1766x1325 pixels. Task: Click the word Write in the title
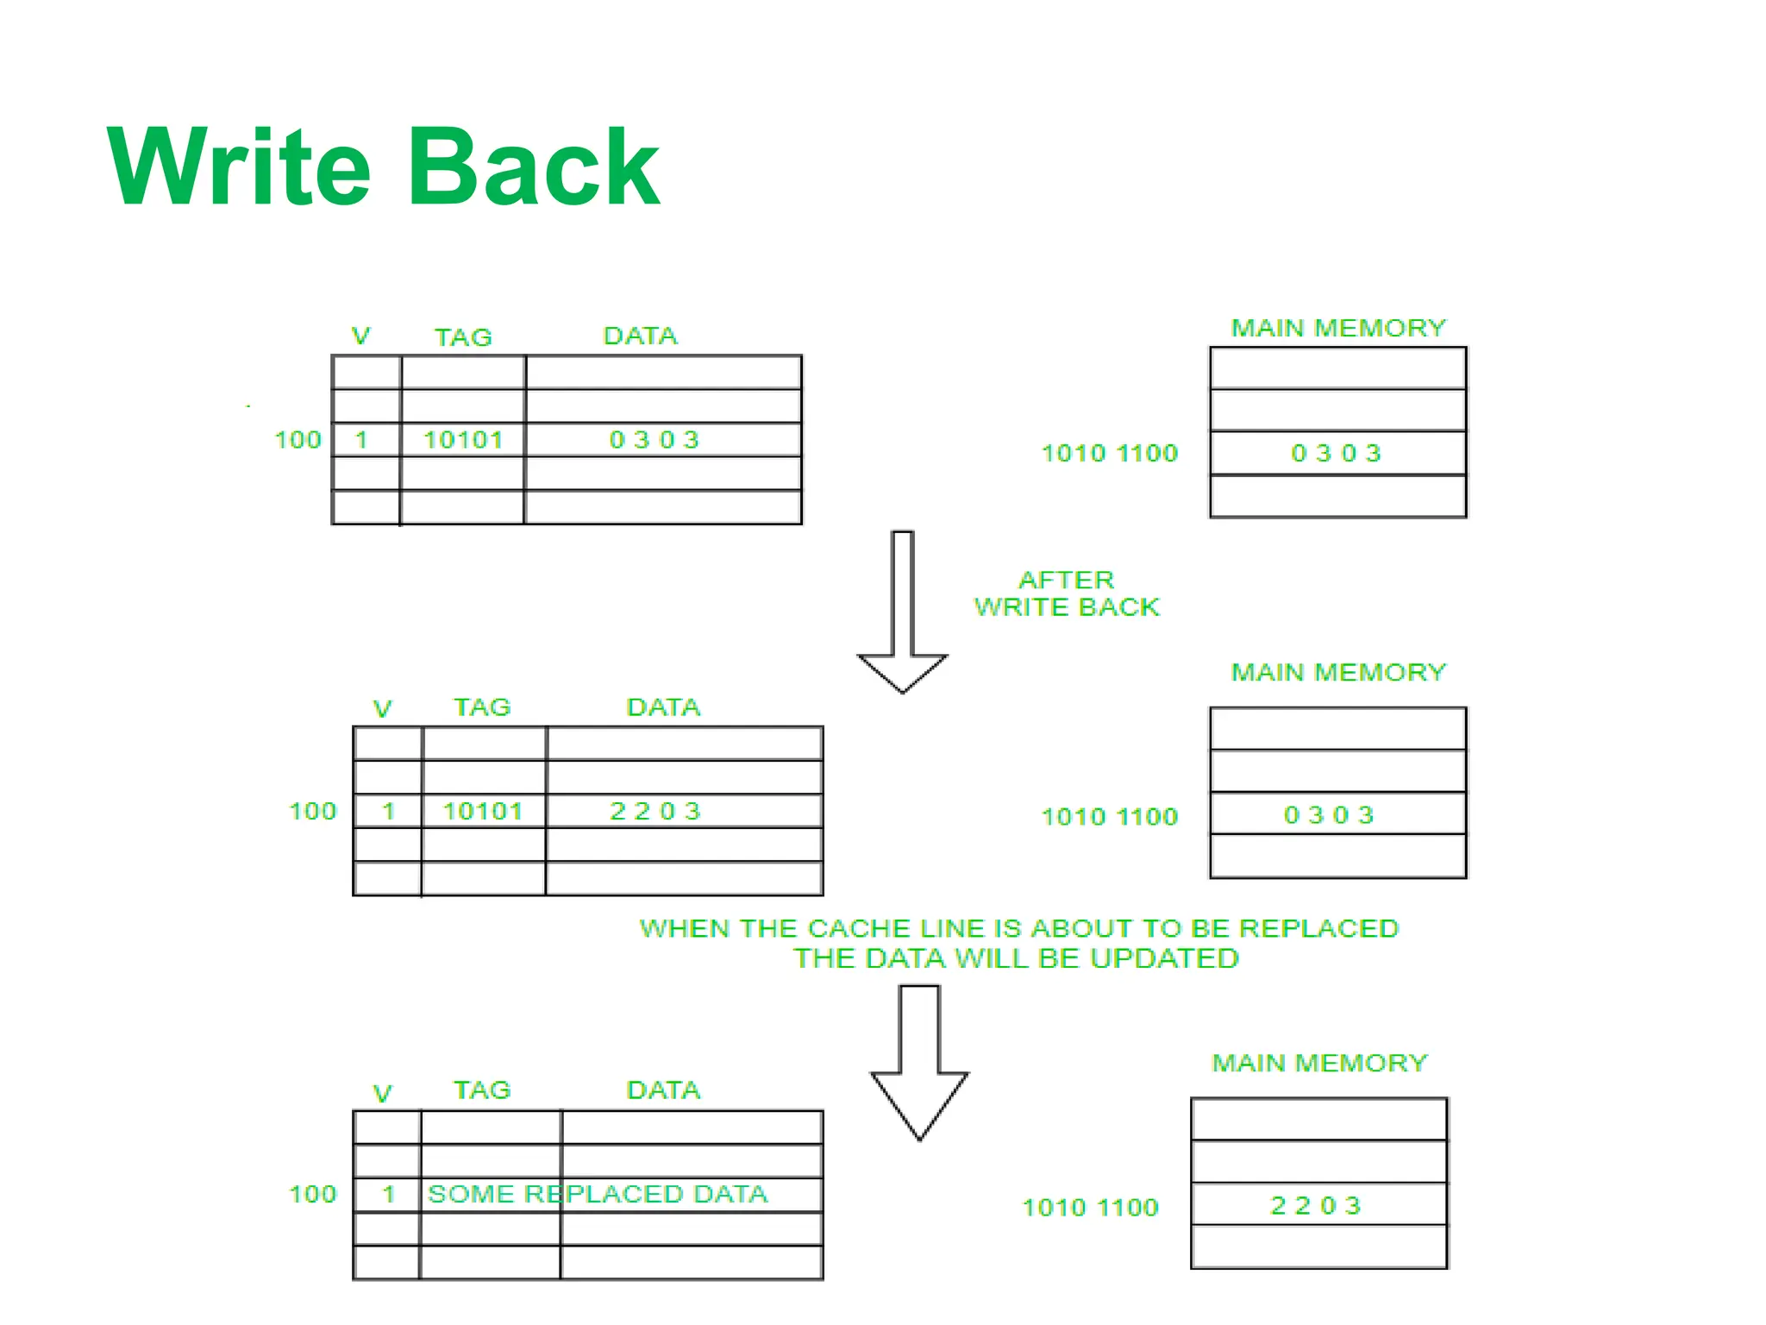click(239, 166)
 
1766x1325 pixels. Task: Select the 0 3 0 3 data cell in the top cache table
click(654, 440)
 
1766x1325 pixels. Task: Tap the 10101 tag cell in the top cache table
click(463, 440)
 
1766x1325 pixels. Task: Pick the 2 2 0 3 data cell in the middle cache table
click(655, 811)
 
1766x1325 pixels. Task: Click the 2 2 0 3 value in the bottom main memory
click(1316, 1205)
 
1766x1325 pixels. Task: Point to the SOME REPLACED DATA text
click(598, 1194)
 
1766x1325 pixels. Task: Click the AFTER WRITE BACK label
click(1067, 593)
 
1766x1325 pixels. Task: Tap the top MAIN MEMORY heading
click(1338, 328)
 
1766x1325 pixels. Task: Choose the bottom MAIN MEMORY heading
click(1320, 1063)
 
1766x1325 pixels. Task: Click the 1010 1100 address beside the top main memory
click(1110, 453)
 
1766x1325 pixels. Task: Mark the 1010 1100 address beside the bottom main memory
click(1091, 1207)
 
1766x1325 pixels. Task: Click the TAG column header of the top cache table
click(463, 336)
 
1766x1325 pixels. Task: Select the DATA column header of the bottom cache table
click(663, 1090)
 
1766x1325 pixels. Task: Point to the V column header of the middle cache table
click(382, 709)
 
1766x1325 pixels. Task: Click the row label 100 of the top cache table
click(297, 440)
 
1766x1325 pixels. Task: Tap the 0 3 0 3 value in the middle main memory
click(1329, 815)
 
